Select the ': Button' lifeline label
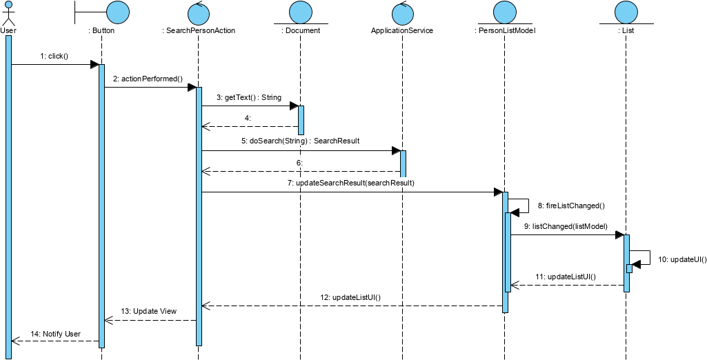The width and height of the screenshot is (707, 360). (x=101, y=30)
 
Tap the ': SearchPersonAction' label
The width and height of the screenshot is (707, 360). (x=198, y=30)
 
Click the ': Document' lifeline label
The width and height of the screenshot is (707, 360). (x=301, y=30)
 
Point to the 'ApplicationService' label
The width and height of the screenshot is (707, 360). (x=402, y=30)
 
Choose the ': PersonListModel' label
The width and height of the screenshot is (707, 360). (x=505, y=30)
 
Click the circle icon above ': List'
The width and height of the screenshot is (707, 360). (x=626, y=12)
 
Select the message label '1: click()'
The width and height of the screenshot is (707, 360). (x=54, y=56)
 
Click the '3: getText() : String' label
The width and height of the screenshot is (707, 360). (x=248, y=97)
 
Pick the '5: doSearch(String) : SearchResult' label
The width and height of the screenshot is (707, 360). (x=300, y=141)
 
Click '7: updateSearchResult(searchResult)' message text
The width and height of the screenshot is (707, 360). (x=350, y=183)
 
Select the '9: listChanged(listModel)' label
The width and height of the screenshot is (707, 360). (x=566, y=226)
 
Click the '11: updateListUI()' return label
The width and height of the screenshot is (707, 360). (x=566, y=277)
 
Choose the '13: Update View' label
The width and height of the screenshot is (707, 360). (x=149, y=311)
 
